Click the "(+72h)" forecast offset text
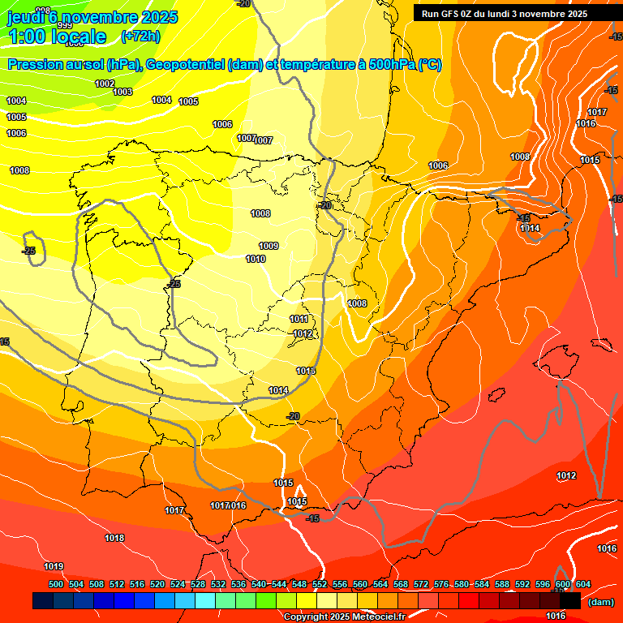(x=140, y=36)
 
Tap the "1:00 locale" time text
(x=57, y=36)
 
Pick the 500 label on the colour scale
(x=56, y=584)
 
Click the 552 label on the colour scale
(x=320, y=584)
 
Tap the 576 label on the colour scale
(x=441, y=584)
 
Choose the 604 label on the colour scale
(x=582, y=584)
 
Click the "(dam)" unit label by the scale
(x=600, y=602)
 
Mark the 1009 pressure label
(x=269, y=246)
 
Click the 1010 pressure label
(x=255, y=259)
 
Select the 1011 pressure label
(x=299, y=319)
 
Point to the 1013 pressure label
(x=305, y=371)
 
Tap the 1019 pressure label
(x=54, y=566)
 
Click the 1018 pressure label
(x=114, y=538)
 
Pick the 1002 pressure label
(x=105, y=84)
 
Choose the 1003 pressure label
(x=122, y=92)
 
